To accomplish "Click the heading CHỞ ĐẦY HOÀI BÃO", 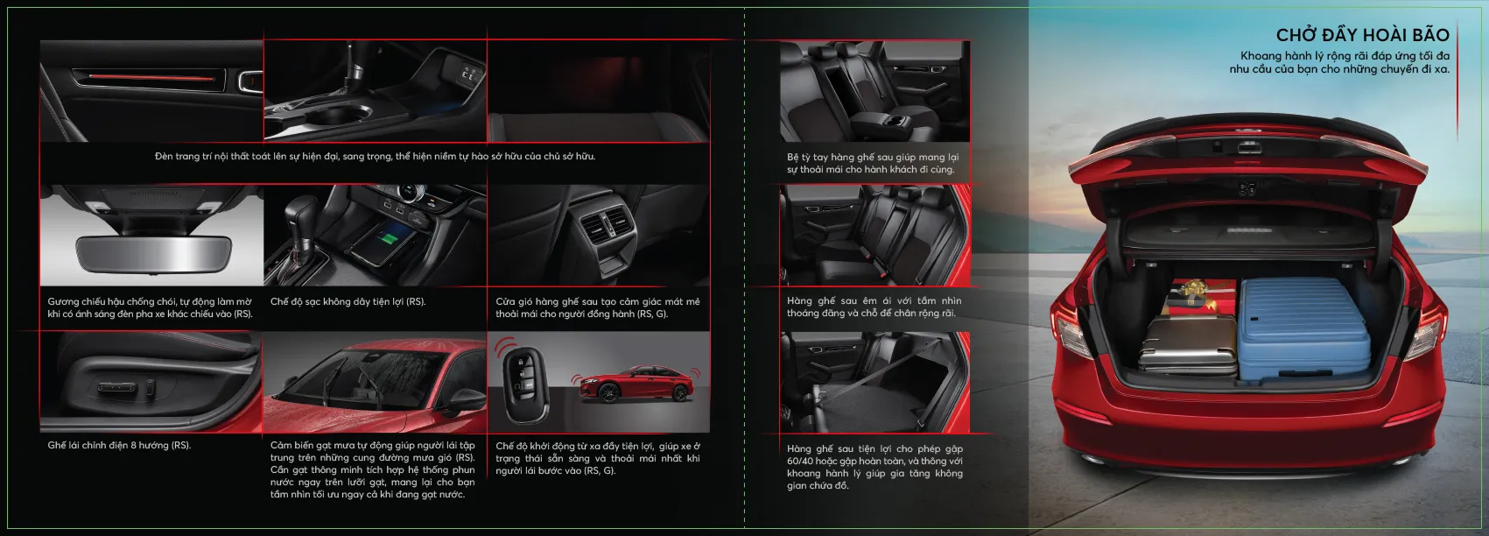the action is click(x=1362, y=34).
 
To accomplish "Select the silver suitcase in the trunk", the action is click(x=1188, y=343).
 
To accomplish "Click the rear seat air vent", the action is click(x=604, y=222).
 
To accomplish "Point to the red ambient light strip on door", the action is click(x=151, y=76).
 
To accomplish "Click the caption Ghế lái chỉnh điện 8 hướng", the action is click(x=119, y=446).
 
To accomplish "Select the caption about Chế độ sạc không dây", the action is click(x=348, y=301).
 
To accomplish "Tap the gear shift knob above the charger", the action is click(x=300, y=214).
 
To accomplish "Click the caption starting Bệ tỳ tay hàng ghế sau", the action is click(x=873, y=163).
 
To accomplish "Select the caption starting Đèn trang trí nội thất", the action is click(x=375, y=156).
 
